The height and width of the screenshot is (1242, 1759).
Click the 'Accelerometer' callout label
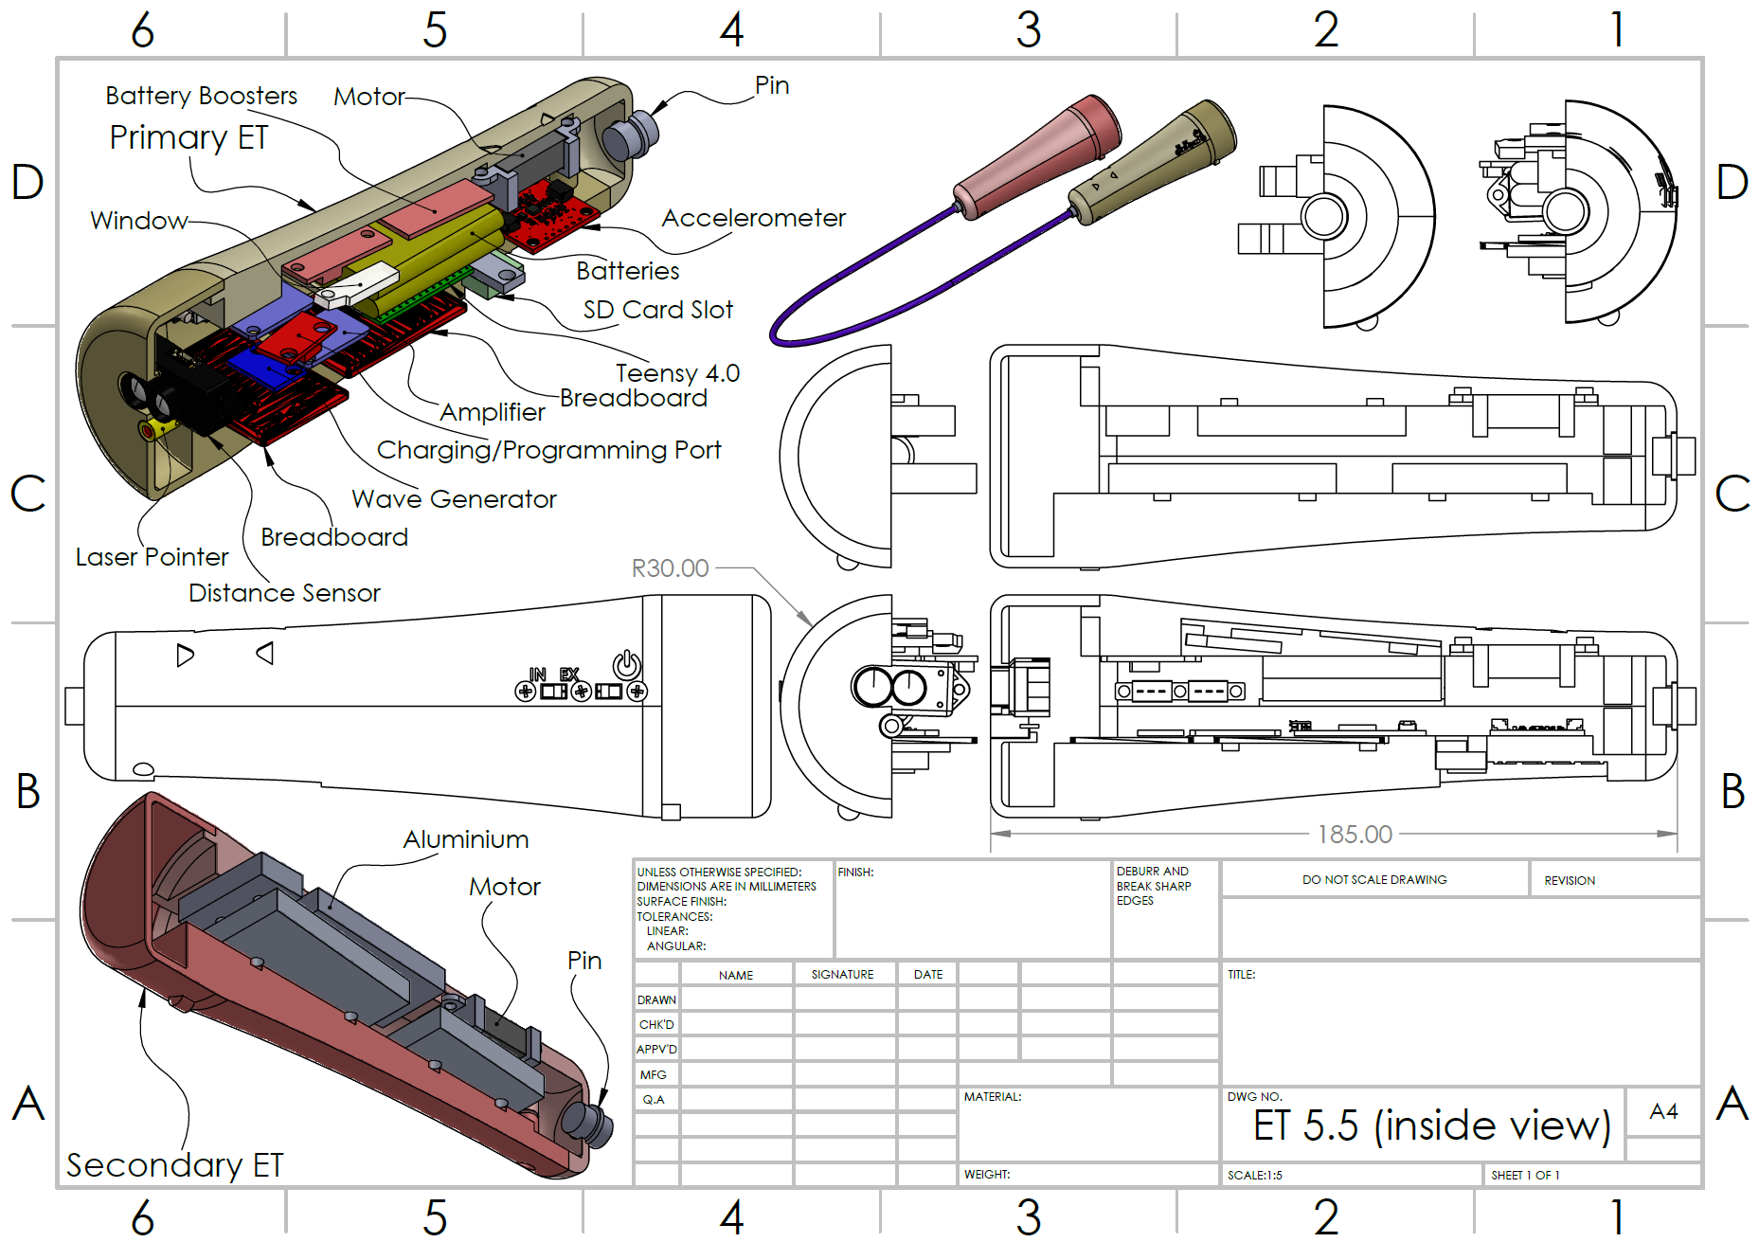click(x=753, y=218)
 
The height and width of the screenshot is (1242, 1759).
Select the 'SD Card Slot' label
click(x=657, y=310)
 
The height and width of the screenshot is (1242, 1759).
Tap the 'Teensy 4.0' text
click(x=677, y=373)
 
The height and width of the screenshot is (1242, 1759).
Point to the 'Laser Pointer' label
click(x=152, y=557)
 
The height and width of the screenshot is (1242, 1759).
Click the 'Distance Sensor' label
click(x=284, y=593)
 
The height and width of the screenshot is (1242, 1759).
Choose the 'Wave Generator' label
click(x=454, y=499)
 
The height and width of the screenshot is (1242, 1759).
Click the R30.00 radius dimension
click(x=670, y=568)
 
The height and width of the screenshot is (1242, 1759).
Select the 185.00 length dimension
click(x=1355, y=835)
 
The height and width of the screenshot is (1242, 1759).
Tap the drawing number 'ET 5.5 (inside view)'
click(x=1431, y=1125)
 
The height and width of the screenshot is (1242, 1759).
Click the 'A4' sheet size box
click(x=1663, y=1111)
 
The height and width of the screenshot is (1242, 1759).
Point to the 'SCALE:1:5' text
click(x=1254, y=1176)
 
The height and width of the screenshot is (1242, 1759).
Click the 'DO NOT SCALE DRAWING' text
click(x=1374, y=880)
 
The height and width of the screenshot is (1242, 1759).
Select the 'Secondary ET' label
click(x=174, y=1165)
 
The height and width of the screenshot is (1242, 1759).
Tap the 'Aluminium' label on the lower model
click(x=465, y=839)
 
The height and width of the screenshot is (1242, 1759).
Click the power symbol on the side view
click(x=627, y=664)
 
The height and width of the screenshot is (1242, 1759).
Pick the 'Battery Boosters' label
click(x=201, y=96)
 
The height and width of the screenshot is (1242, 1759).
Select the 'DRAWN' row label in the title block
click(x=656, y=1000)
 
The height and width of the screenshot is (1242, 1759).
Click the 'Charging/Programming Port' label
click(x=548, y=450)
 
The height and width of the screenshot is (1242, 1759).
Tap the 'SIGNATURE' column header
click(x=842, y=975)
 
